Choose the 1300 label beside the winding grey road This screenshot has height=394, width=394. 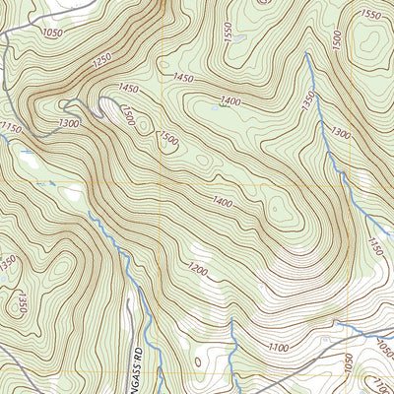(42, 123)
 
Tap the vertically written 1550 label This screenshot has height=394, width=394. (229, 33)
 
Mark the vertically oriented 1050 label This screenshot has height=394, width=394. (347, 365)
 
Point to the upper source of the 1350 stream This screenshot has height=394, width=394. (306, 56)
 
